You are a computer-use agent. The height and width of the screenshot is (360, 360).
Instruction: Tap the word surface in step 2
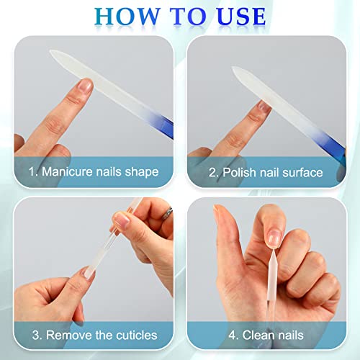click(x=303, y=172)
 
